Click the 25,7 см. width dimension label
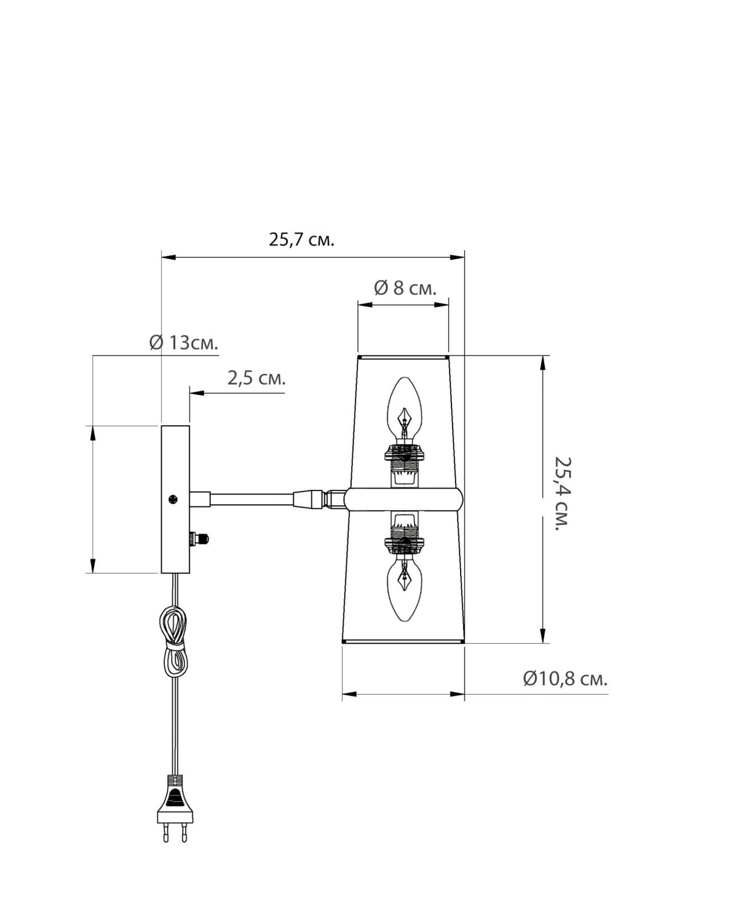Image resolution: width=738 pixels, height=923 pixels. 301,240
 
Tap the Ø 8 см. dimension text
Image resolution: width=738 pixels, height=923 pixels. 405,288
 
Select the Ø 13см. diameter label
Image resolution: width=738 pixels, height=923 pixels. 184,343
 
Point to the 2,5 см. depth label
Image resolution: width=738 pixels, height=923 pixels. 256,378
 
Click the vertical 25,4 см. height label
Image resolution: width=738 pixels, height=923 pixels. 562,493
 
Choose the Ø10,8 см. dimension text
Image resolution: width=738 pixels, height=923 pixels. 565,679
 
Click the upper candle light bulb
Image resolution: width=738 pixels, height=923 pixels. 405,410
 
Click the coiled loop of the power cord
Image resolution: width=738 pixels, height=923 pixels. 173,646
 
